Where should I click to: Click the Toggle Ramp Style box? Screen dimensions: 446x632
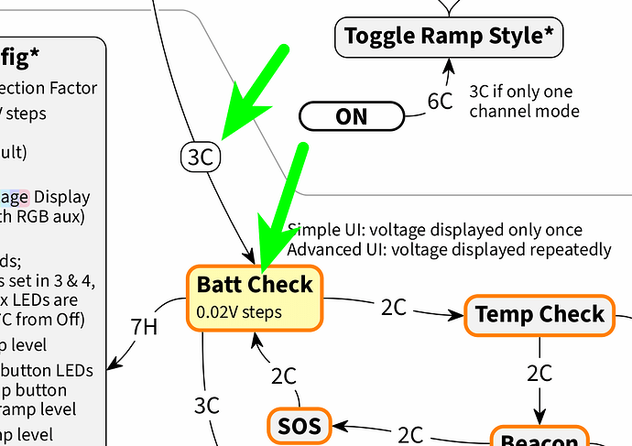point(448,38)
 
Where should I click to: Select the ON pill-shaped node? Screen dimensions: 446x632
point(352,116)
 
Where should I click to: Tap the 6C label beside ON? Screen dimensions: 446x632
point(440,102)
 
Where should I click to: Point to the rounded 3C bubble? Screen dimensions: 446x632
point(201,157)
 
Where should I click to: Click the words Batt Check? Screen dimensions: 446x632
point(255,284)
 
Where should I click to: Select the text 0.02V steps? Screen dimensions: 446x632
point(239,312)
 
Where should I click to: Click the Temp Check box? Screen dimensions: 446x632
point(539,315)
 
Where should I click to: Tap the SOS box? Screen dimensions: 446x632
point(298,427)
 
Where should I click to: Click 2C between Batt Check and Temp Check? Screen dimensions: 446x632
point(393,308)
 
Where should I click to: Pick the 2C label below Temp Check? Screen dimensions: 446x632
point(539,374)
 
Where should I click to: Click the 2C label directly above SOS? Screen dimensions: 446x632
point(283,375)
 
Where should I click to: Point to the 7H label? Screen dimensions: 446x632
point(145,326)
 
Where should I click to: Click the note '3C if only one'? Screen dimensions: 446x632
point(520,92)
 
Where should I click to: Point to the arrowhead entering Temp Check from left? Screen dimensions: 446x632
point(458,315)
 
